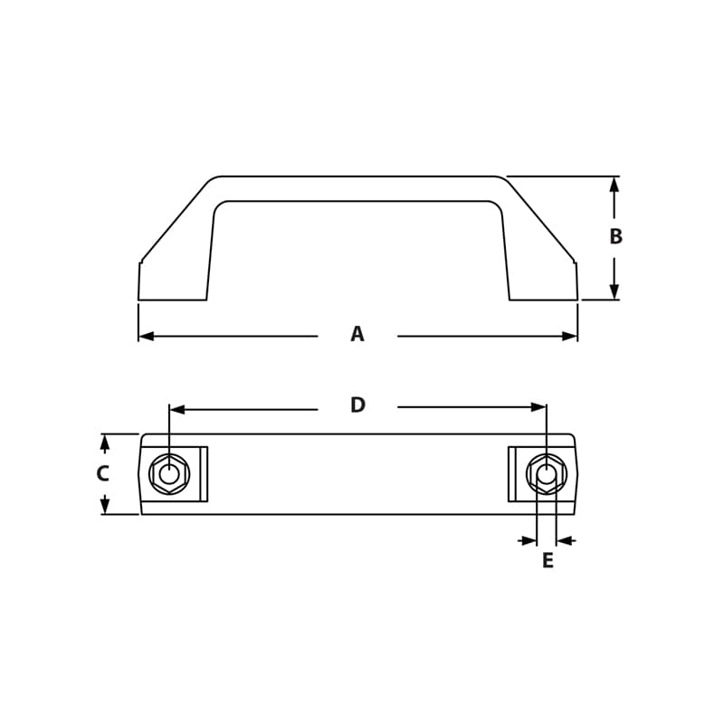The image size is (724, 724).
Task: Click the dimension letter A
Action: click(x=357, y=335)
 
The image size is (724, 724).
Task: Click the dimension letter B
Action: click(x=615, y=237)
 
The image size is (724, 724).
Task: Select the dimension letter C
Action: click(x=102, y=473)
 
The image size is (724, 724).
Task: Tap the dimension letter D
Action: click(x=357, y=405)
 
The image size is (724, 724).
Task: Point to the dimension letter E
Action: click(x=548, y=561)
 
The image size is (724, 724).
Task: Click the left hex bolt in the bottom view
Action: click(x=169, y=474)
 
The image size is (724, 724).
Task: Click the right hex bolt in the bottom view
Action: click(x=547, y=474)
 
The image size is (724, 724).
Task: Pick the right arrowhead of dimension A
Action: click(x=569, y=337)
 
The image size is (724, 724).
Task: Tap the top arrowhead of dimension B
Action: click(x=614, y=185)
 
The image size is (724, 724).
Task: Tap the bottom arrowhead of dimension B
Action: click(x=614, y=291)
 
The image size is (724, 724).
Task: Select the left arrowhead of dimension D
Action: click(x=177, y=409)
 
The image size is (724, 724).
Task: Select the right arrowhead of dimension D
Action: click(x=538, y=407)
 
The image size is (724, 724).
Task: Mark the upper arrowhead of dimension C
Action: click(x=105, y=443)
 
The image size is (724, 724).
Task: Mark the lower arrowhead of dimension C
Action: click(x=105, y=506)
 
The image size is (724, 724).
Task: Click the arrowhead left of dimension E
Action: click(x=529, y=541)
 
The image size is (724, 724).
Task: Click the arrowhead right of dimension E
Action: click(x=564, y=541)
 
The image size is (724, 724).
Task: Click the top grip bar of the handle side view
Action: click(x=357, y=188)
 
